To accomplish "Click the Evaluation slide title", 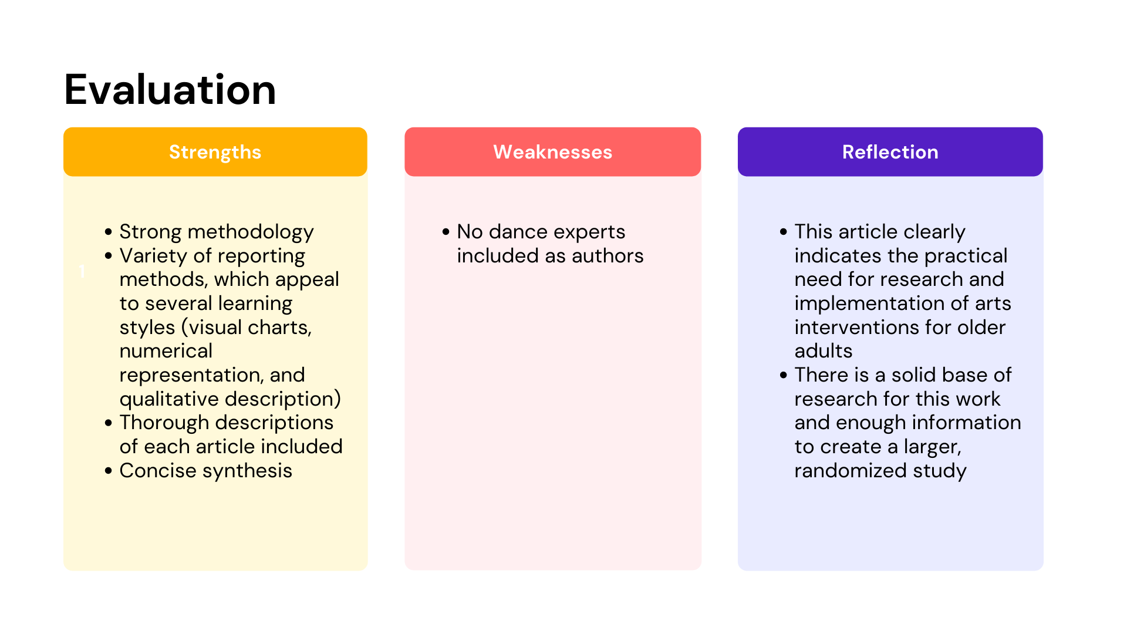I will click(x=170, y=90).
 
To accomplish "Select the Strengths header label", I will click(x=215, y=152).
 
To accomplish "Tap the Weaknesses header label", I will click(x=552, y=152).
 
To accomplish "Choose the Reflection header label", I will click(x=890, y=152).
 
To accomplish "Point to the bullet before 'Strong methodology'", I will click(x=109, y=232).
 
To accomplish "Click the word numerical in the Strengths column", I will click(x=166, y=351).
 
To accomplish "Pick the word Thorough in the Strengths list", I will click(x=164, y=423).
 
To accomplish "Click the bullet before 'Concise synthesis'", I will click(x=109, y=471).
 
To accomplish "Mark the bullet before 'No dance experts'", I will click(x=446, y=232).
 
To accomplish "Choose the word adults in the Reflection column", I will click(x=823, y=351).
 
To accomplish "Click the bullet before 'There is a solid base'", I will click(x=784, y=375).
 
